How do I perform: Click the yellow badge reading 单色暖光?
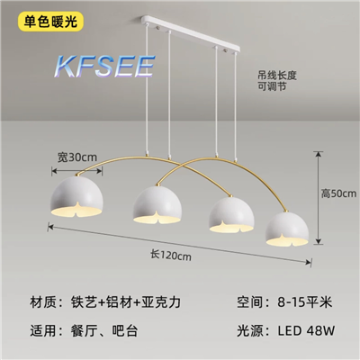coord(50,22)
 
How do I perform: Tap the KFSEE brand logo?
coord(104,67)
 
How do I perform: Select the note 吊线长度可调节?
coord(277,81)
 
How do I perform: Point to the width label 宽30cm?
coord(77,157)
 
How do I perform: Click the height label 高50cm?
coord(339,193)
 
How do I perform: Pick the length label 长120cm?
coord(171,256)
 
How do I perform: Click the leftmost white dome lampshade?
coord(77,196)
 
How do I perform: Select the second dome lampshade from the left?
coord(157,205)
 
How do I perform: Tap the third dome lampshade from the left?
coord(231,215)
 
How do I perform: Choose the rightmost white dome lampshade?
coord(287,229)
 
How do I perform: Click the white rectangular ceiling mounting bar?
coord(191,33)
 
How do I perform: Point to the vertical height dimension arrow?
coord(319,198)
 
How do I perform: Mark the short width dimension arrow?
coord(77,171)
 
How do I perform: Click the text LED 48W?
coord(306,330)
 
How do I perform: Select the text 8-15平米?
coord(304,301)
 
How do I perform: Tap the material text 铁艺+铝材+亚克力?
coord(126,302)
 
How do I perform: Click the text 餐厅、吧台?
coord(104,331)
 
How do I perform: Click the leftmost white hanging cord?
coord(147,89)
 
